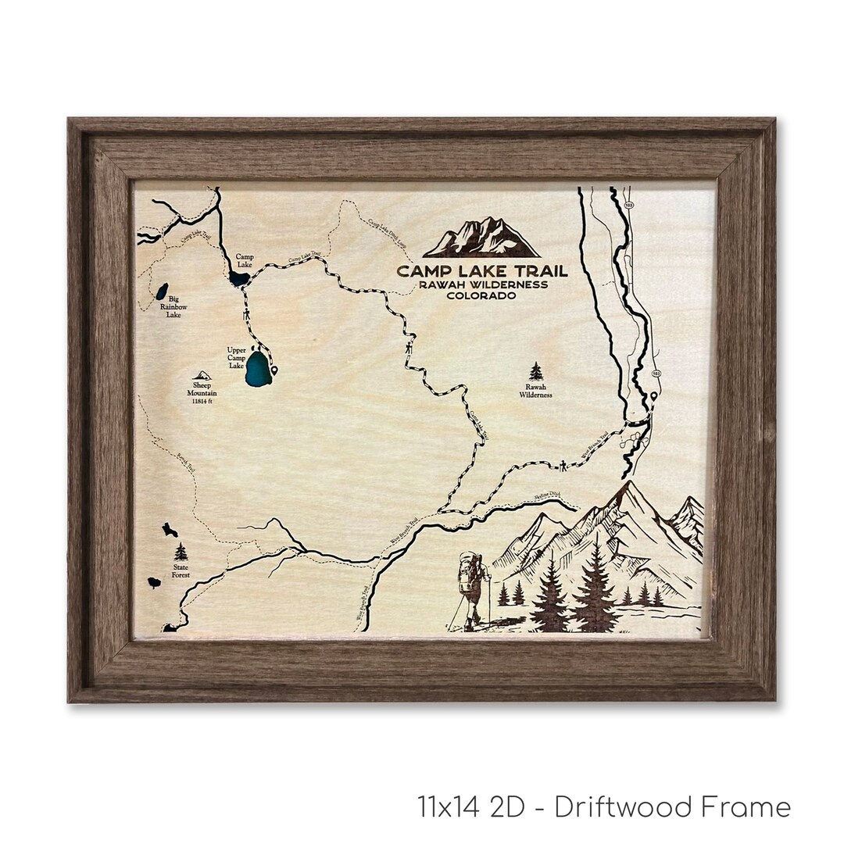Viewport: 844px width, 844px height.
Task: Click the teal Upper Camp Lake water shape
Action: point(258,369)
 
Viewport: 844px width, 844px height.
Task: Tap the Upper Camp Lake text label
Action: point(236,357)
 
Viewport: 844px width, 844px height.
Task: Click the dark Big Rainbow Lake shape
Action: point(161,291)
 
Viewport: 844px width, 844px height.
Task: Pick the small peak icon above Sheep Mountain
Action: point(202,376)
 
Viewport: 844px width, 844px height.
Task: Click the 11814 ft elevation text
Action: point(202,402)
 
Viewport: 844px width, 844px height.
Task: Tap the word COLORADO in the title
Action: point(482,295)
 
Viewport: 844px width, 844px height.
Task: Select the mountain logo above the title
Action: point(482,238)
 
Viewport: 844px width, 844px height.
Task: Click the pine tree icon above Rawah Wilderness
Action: point(536,371)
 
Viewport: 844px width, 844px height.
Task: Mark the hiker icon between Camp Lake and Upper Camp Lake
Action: point(247,314)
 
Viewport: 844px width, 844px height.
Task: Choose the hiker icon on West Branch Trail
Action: point(563,466)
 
